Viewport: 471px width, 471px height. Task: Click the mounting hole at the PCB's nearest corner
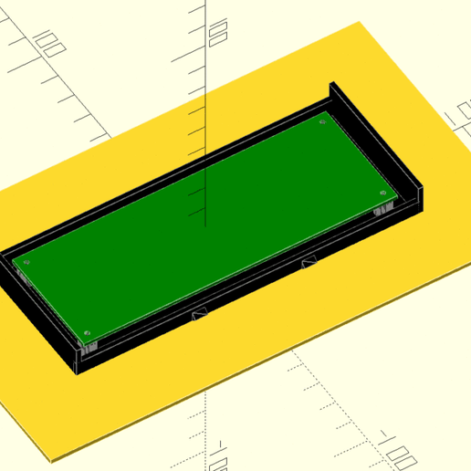coord(87,331)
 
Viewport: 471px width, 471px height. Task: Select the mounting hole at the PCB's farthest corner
coord(322,120)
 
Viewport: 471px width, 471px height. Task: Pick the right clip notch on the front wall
coord(310,265)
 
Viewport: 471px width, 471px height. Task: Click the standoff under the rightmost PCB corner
coord(383,209)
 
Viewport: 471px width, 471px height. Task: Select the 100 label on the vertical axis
coord(216,35)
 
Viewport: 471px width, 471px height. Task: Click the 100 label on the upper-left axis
coord(46,40)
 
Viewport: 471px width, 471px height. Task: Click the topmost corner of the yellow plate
coord(361,23)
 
